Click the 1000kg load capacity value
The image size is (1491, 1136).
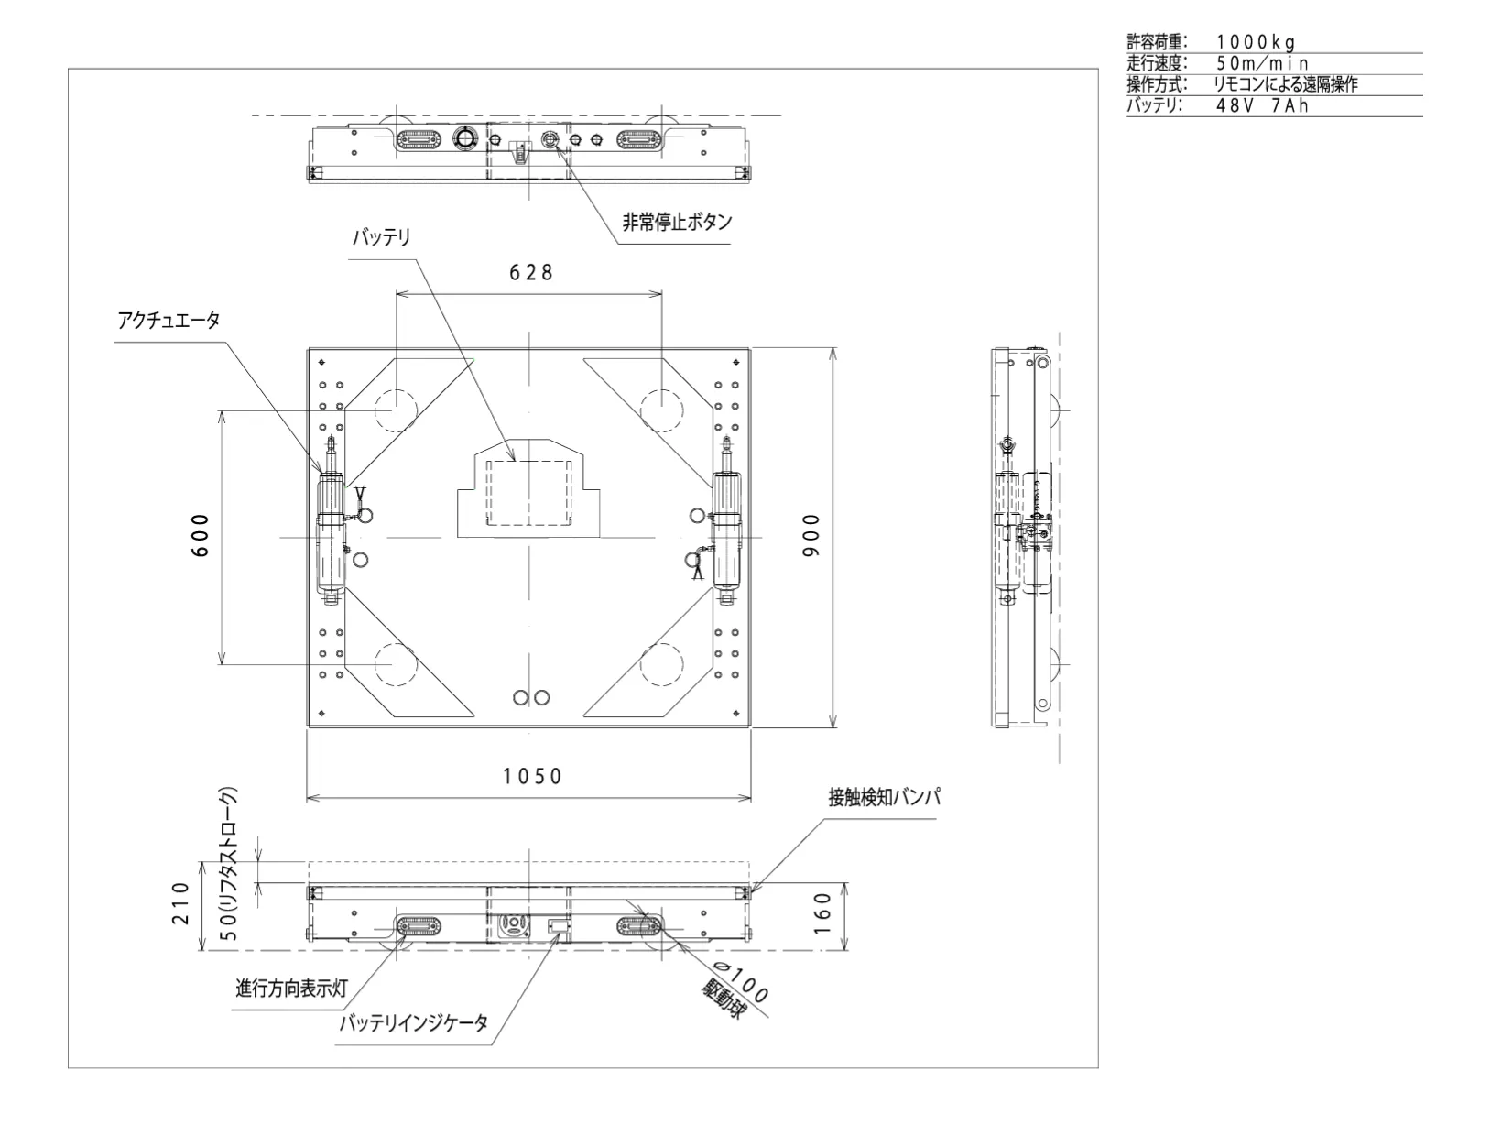[x=1256, y=42]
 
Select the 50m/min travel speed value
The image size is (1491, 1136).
[x=1261, y=63]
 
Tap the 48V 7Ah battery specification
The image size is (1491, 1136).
[x=1261, y=105]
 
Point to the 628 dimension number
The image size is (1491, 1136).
[x=530, y=272]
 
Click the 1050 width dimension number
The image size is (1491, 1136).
[x=532, y=776]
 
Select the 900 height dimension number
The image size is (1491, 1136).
[x=811, y=535]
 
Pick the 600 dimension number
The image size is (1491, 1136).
[x=201, y=535]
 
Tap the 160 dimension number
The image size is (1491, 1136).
[x=822, y=913]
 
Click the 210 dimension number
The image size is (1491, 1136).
[x=180, y=903]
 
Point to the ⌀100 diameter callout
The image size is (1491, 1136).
[x=741, y=980]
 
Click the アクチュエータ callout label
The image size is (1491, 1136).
[x=169, y=320]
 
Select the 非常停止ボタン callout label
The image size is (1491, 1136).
[x=677, y=223]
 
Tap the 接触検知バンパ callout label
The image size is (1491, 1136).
[x=884, y=797]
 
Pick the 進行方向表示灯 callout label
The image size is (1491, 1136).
[x=291, y=988]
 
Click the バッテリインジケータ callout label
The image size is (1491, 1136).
[x=414, y=1022]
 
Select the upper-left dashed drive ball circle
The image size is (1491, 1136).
[x=396, y=390]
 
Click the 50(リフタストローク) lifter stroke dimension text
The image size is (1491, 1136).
[x=231, y=864]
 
